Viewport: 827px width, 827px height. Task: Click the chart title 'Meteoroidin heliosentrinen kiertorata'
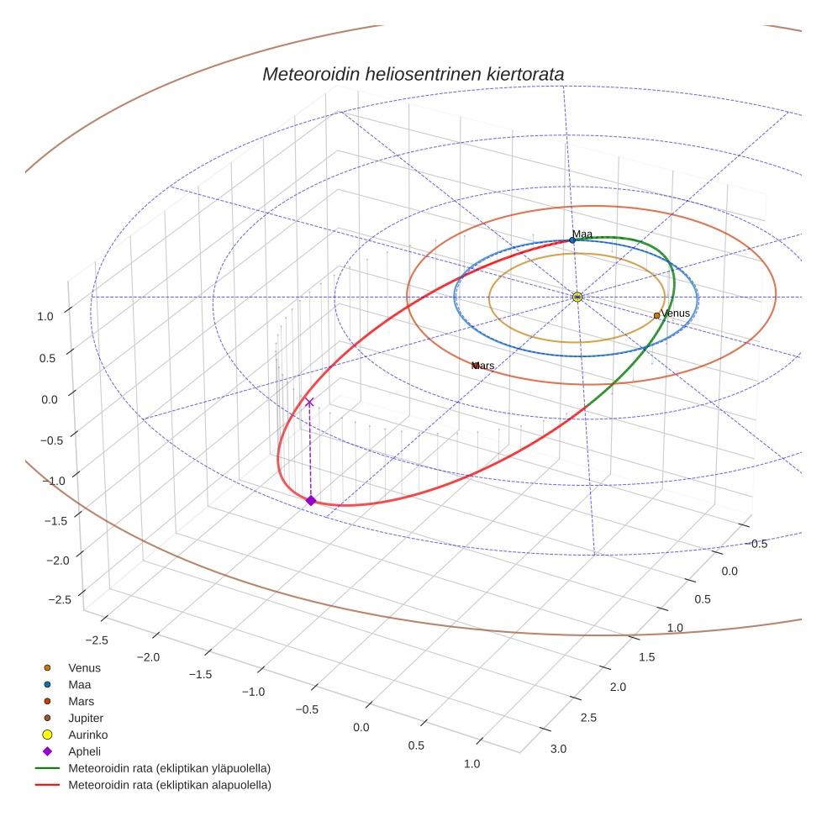(x=413, y=74)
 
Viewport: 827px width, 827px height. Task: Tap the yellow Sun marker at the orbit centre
(x=577, y=297)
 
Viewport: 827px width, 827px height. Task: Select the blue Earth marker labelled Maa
(x=572, y=240)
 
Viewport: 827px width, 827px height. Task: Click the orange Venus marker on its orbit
(x=657, y=316)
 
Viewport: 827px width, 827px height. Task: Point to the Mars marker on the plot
(x=476, y=366)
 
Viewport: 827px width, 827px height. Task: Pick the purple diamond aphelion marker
(x=311, y=501)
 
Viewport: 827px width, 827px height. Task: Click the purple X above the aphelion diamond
(x=309, y=403)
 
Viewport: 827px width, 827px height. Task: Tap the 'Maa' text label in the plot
(x=582, y=234)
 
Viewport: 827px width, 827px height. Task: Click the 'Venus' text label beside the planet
(x=676, y=313)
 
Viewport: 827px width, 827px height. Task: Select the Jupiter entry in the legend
(x=86, y=718)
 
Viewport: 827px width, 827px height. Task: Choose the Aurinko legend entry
(x=87, y=735)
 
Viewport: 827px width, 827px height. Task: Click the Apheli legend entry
(x=84, y=751)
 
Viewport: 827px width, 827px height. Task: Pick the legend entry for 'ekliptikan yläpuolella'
(x=169, y=768)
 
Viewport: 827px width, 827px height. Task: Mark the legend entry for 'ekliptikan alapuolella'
(x=169, y=785)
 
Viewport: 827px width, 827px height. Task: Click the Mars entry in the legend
(x=81, y=701)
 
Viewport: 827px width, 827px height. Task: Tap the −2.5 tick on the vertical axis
(x=60, y=599)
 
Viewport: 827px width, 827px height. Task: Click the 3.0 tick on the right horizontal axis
(x=558, y=749)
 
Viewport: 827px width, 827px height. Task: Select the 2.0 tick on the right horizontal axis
(x=618, y=687)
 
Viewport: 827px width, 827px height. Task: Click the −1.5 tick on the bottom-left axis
(x=200, y=674)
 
